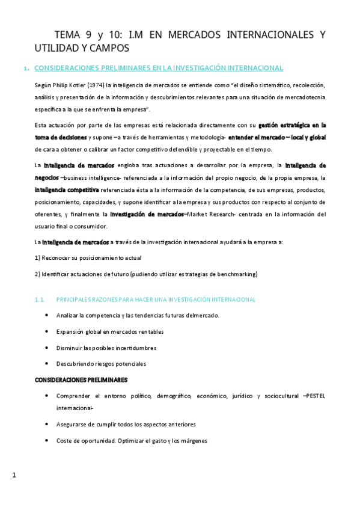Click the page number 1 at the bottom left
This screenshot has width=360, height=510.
point(14,476)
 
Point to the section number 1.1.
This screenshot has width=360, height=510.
point(41,299)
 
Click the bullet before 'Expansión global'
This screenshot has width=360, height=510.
point(47,331)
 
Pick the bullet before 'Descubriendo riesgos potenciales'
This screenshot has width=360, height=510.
point(47,363)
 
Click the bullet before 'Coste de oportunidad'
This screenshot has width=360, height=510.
point(47,440)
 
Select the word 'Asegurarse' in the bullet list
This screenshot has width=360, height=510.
point(72,424)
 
